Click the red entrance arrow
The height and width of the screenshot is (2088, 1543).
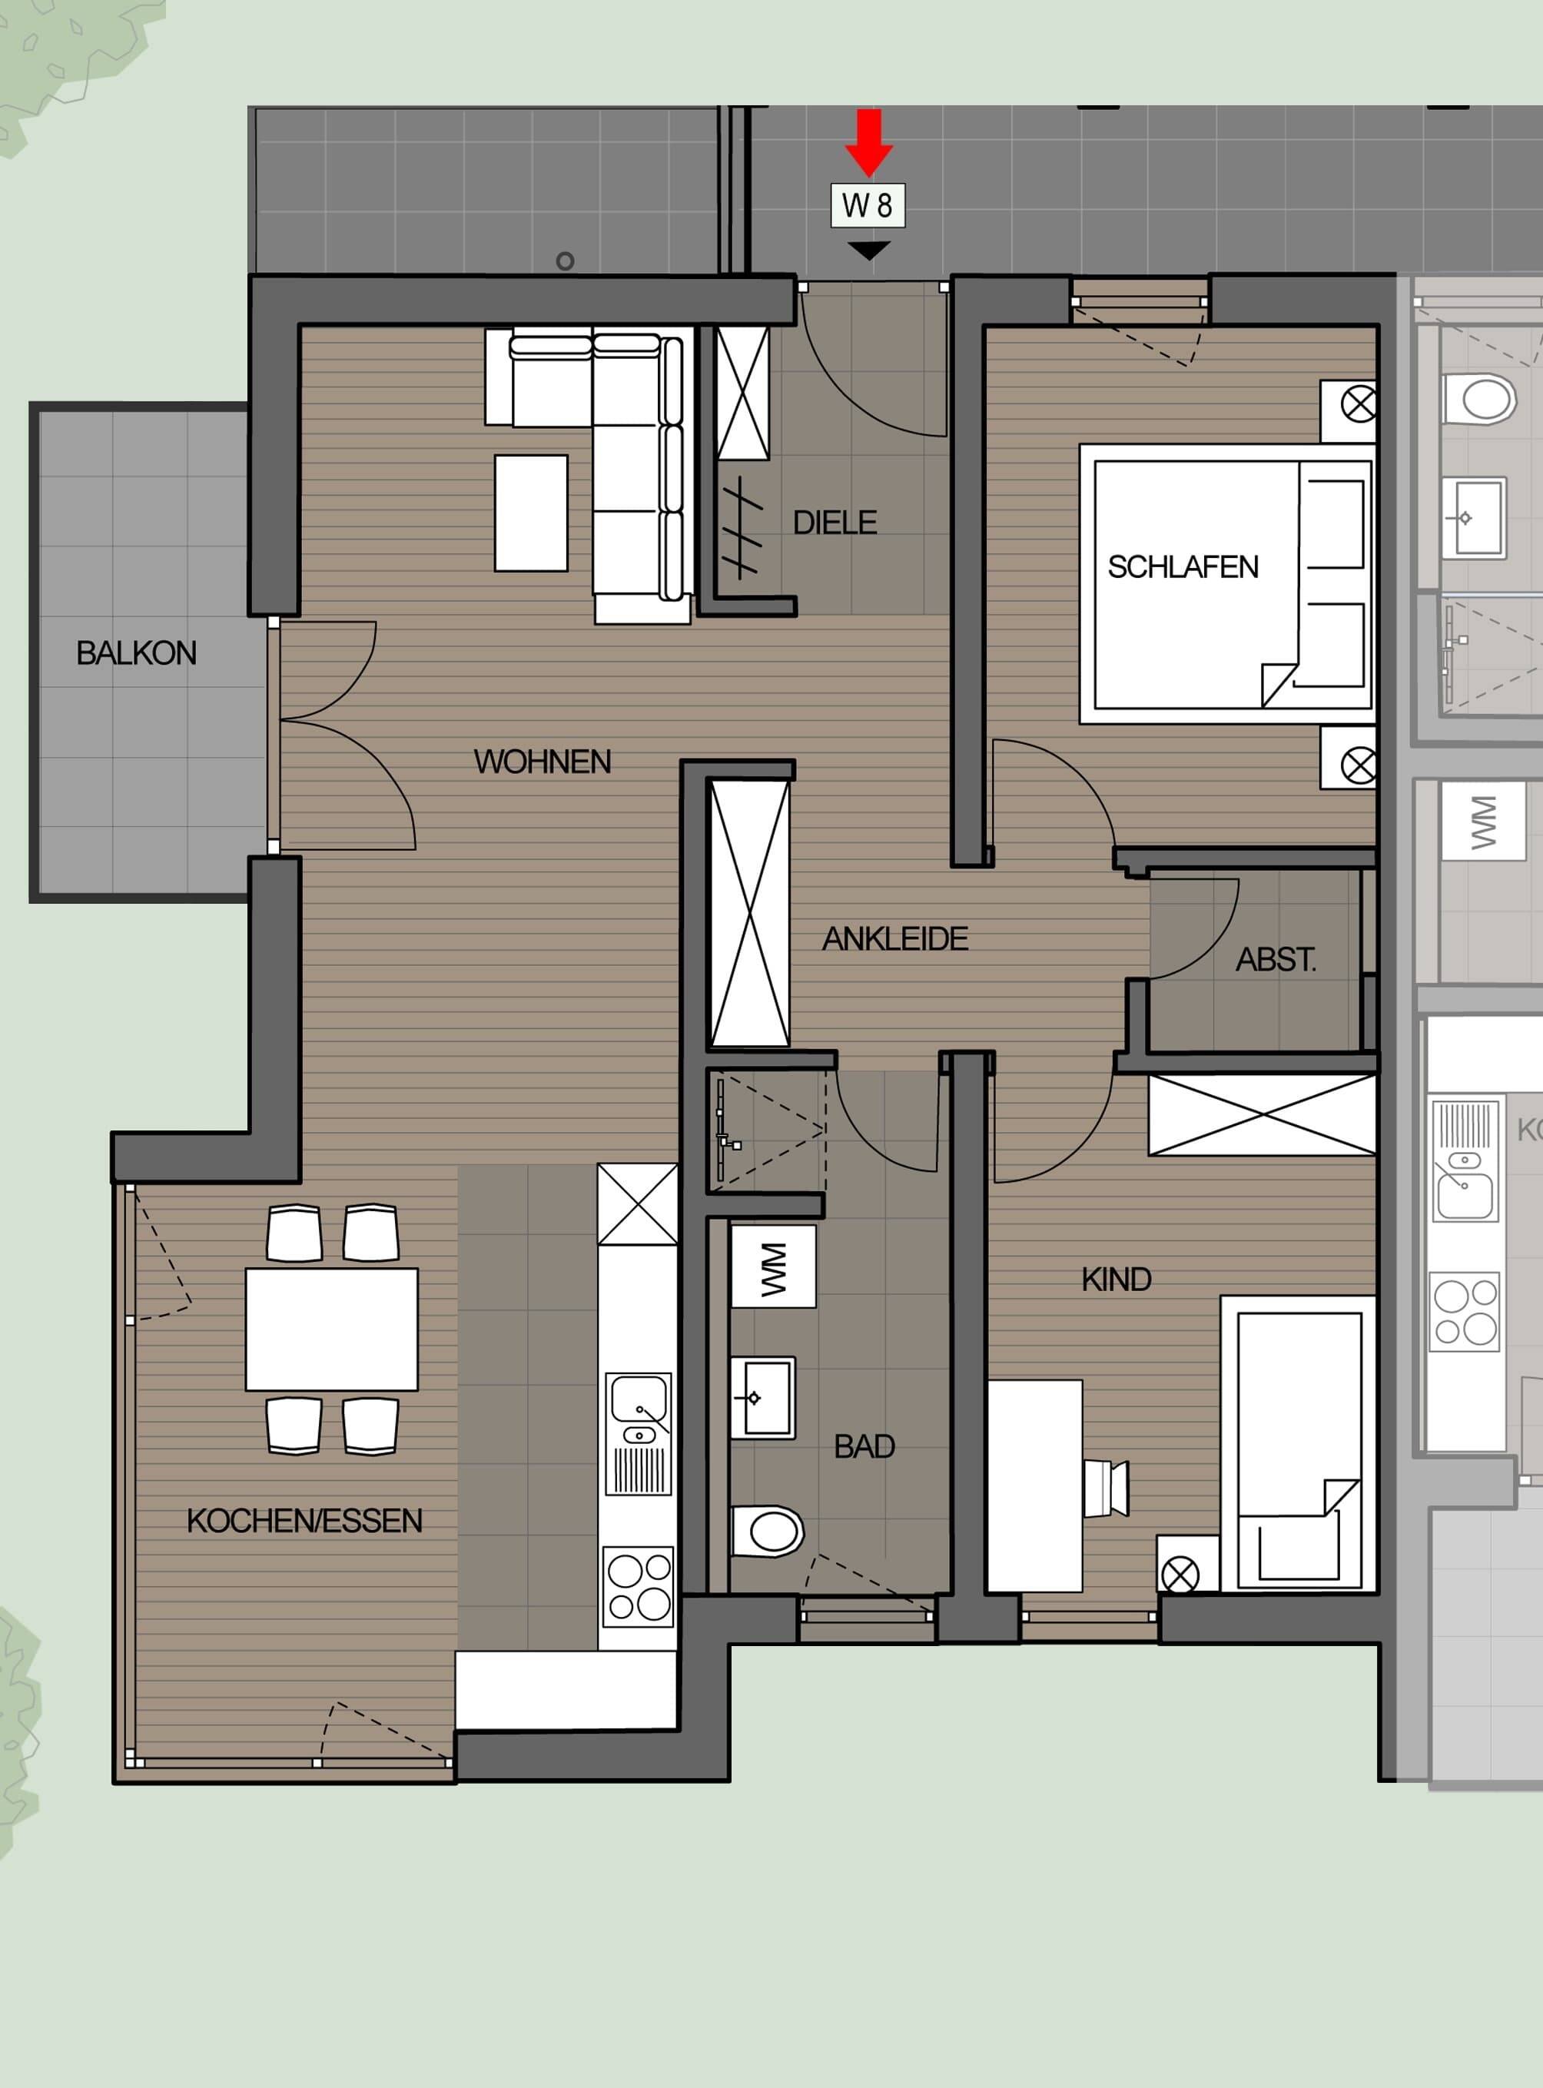(x=868, y=142)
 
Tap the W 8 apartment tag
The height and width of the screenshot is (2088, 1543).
(x=868, y=204)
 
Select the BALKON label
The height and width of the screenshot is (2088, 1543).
(x=136, y=653)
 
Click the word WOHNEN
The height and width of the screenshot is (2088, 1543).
(x=542, y=762)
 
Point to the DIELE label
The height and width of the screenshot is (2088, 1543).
(x=835, y=523)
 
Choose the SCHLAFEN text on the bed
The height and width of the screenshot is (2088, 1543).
(x=1183, y=567)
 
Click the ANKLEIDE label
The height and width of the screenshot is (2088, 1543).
(x=894, y=939)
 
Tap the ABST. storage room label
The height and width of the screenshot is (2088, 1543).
(x=1276, y=959)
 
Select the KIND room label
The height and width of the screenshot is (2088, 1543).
(x=1117, y=1279)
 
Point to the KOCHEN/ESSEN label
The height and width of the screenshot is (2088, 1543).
(x=304, y=1521)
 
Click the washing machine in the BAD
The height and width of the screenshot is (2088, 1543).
(x=772, y=1266)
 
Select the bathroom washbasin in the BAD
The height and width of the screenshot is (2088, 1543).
(x=762, y=1398)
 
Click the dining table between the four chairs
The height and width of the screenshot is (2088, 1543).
(x=332, y=1329)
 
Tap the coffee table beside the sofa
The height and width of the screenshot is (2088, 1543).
(x=530, y=512)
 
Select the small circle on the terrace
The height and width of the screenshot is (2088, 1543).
(x=565, y=261)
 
